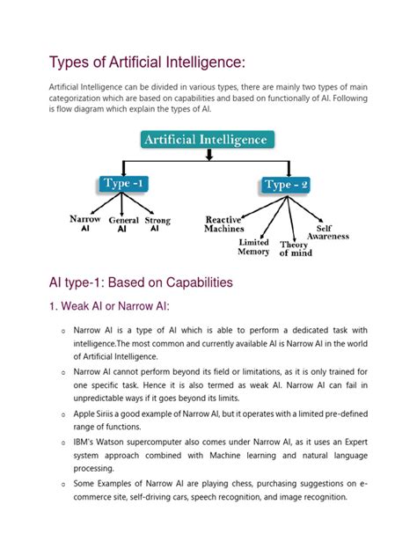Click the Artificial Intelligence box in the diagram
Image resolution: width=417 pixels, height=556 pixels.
tap(208, 140)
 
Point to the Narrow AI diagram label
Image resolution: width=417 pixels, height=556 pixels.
tap(85, 223)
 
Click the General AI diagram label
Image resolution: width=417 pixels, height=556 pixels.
tap(123, 224)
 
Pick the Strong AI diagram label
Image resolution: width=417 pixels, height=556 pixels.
tap(157, 223)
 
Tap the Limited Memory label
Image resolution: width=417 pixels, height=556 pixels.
tap(254, 246)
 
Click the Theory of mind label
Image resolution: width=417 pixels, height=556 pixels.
tap(296, 249)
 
